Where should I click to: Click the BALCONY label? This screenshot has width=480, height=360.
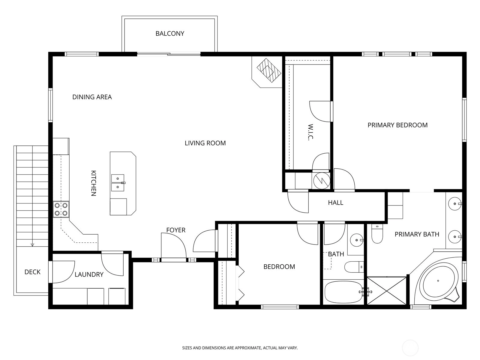(170, 33)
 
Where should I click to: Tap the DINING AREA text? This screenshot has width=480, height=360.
(92, 97)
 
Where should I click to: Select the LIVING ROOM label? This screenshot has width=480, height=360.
(205, 143)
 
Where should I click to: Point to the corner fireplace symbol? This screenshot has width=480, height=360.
(269, 70)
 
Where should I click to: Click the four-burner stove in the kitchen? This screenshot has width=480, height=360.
(61, 209)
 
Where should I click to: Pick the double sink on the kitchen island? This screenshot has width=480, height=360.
(118, 183)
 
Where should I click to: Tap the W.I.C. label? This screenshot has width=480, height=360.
(311, 132)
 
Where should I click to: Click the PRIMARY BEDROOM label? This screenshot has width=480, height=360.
(397, 125)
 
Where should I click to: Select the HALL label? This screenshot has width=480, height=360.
(335, 202)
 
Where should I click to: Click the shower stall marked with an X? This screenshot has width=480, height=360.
(387, 291)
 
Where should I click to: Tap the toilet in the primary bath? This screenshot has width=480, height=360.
(377, 234)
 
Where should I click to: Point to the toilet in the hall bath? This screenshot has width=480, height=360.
(354, 267)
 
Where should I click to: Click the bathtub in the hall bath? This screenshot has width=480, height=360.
(344, 292)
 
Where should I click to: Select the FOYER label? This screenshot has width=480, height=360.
(175, 230)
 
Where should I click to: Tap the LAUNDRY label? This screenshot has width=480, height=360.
(89, 274)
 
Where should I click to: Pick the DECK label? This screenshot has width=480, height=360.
(32, 272)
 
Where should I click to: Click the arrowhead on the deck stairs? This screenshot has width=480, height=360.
(32, 245)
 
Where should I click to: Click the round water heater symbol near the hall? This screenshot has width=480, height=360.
(322, 181)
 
